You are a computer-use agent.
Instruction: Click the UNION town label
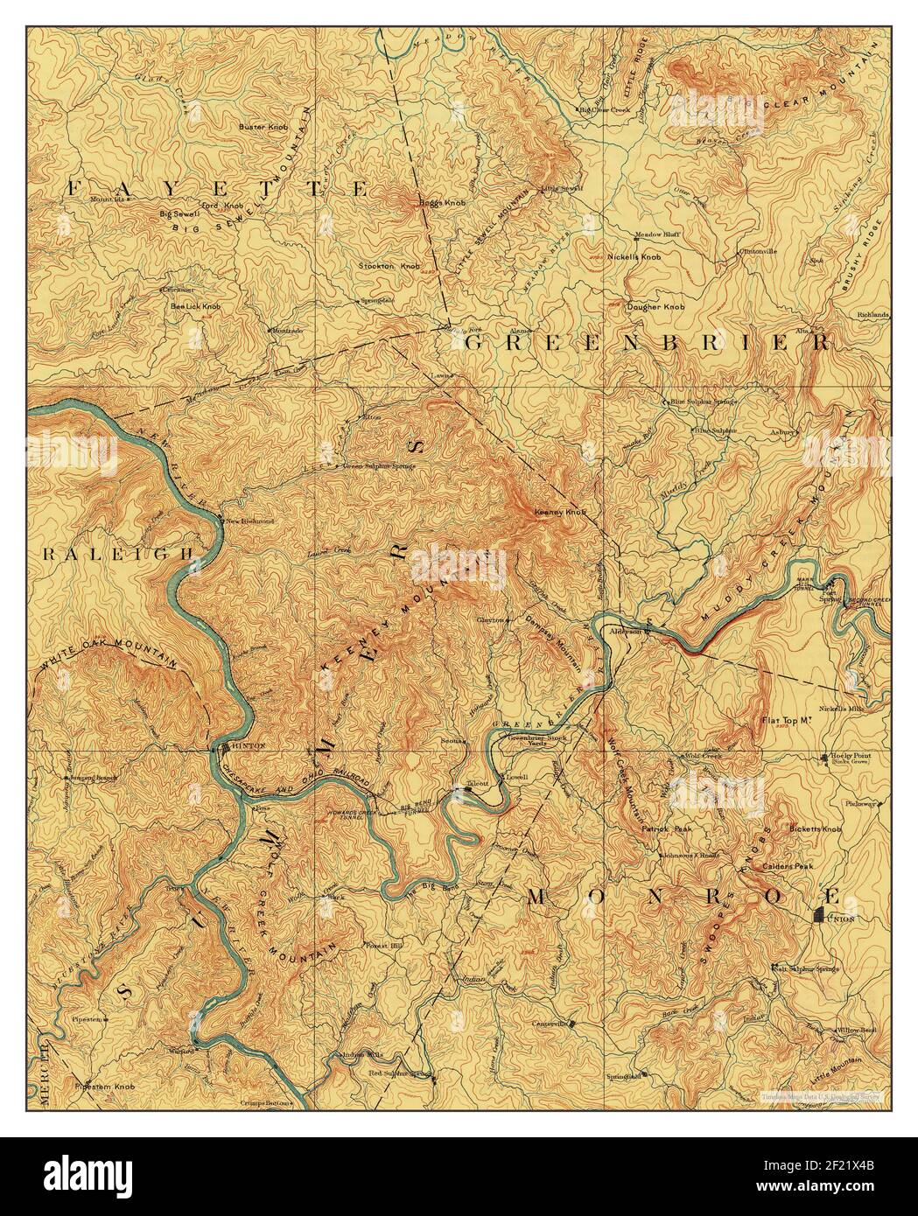pyautogui.click(x=841, y=919)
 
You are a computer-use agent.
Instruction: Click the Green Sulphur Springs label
pyautogui.click(x=383, y=466)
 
